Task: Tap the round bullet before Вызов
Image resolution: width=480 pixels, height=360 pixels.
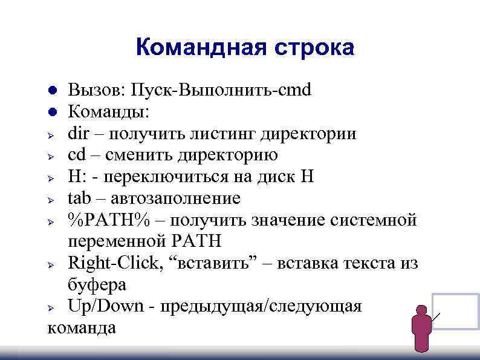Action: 53,91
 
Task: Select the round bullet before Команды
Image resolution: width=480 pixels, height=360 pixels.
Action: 53,113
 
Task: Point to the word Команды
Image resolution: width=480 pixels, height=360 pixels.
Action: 102,112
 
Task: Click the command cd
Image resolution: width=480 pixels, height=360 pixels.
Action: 76,155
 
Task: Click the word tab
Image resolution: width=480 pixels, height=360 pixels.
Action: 79,198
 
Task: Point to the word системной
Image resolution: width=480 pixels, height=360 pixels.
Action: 374,220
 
